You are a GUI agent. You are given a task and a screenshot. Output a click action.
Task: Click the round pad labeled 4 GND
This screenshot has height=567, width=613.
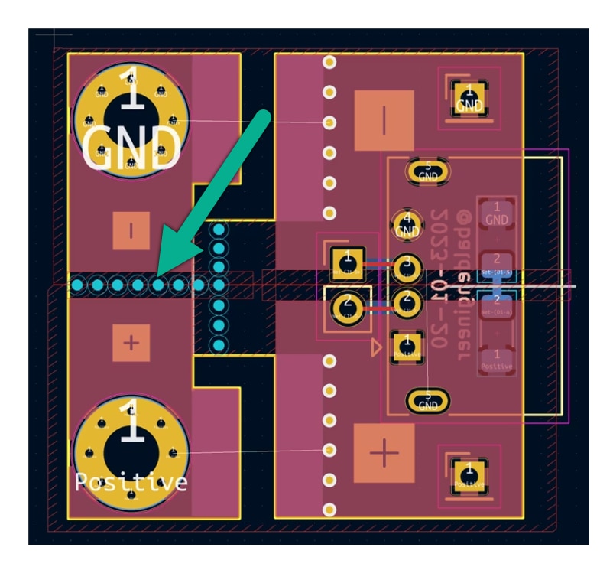(407, 225)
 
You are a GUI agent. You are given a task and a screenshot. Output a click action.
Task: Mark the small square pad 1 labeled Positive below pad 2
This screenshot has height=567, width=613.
(407, 346)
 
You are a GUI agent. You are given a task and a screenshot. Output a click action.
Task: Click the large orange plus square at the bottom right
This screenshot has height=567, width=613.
(384, 453)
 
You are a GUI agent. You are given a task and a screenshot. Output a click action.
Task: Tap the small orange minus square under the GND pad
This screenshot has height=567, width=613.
(131, 230)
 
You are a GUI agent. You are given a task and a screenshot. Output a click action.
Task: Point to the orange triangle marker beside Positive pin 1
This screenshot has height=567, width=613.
(375, 348)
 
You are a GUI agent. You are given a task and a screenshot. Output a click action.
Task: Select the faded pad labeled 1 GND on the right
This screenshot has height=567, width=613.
(497, 213)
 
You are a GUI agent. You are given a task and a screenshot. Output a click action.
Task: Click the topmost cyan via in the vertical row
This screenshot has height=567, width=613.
(219, 230)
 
